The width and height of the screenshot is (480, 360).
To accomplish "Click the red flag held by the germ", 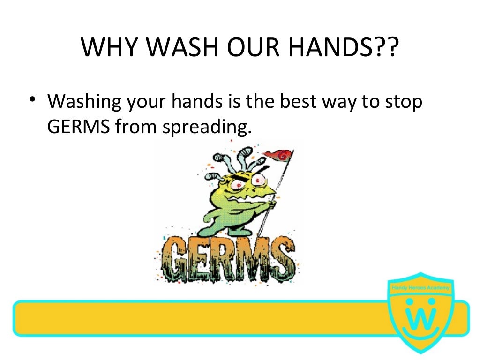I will click(x=280, y=155).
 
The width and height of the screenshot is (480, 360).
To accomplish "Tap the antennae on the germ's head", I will click(x=239, y=157).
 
